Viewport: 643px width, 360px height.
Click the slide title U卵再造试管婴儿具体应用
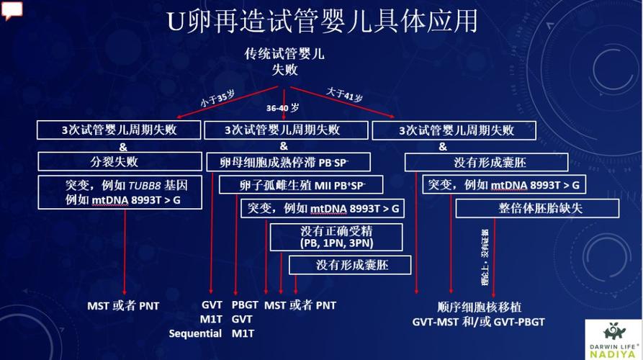click(x=322, y=21)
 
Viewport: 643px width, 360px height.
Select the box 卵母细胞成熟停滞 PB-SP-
click(x=287, y=161)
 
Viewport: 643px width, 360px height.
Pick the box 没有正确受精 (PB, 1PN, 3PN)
click(x=336, y=236)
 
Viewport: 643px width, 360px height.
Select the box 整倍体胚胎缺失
click(x=537, y=208)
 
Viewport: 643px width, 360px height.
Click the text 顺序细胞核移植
click(x=479, y=306)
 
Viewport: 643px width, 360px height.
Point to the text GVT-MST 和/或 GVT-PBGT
click(x=479, y=321)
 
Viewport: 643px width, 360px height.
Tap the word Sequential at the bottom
click(x=195, y=333)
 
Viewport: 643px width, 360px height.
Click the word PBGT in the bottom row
click(x=245, y=305)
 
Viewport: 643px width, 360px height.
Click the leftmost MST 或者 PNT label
click(x=123, y=306)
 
